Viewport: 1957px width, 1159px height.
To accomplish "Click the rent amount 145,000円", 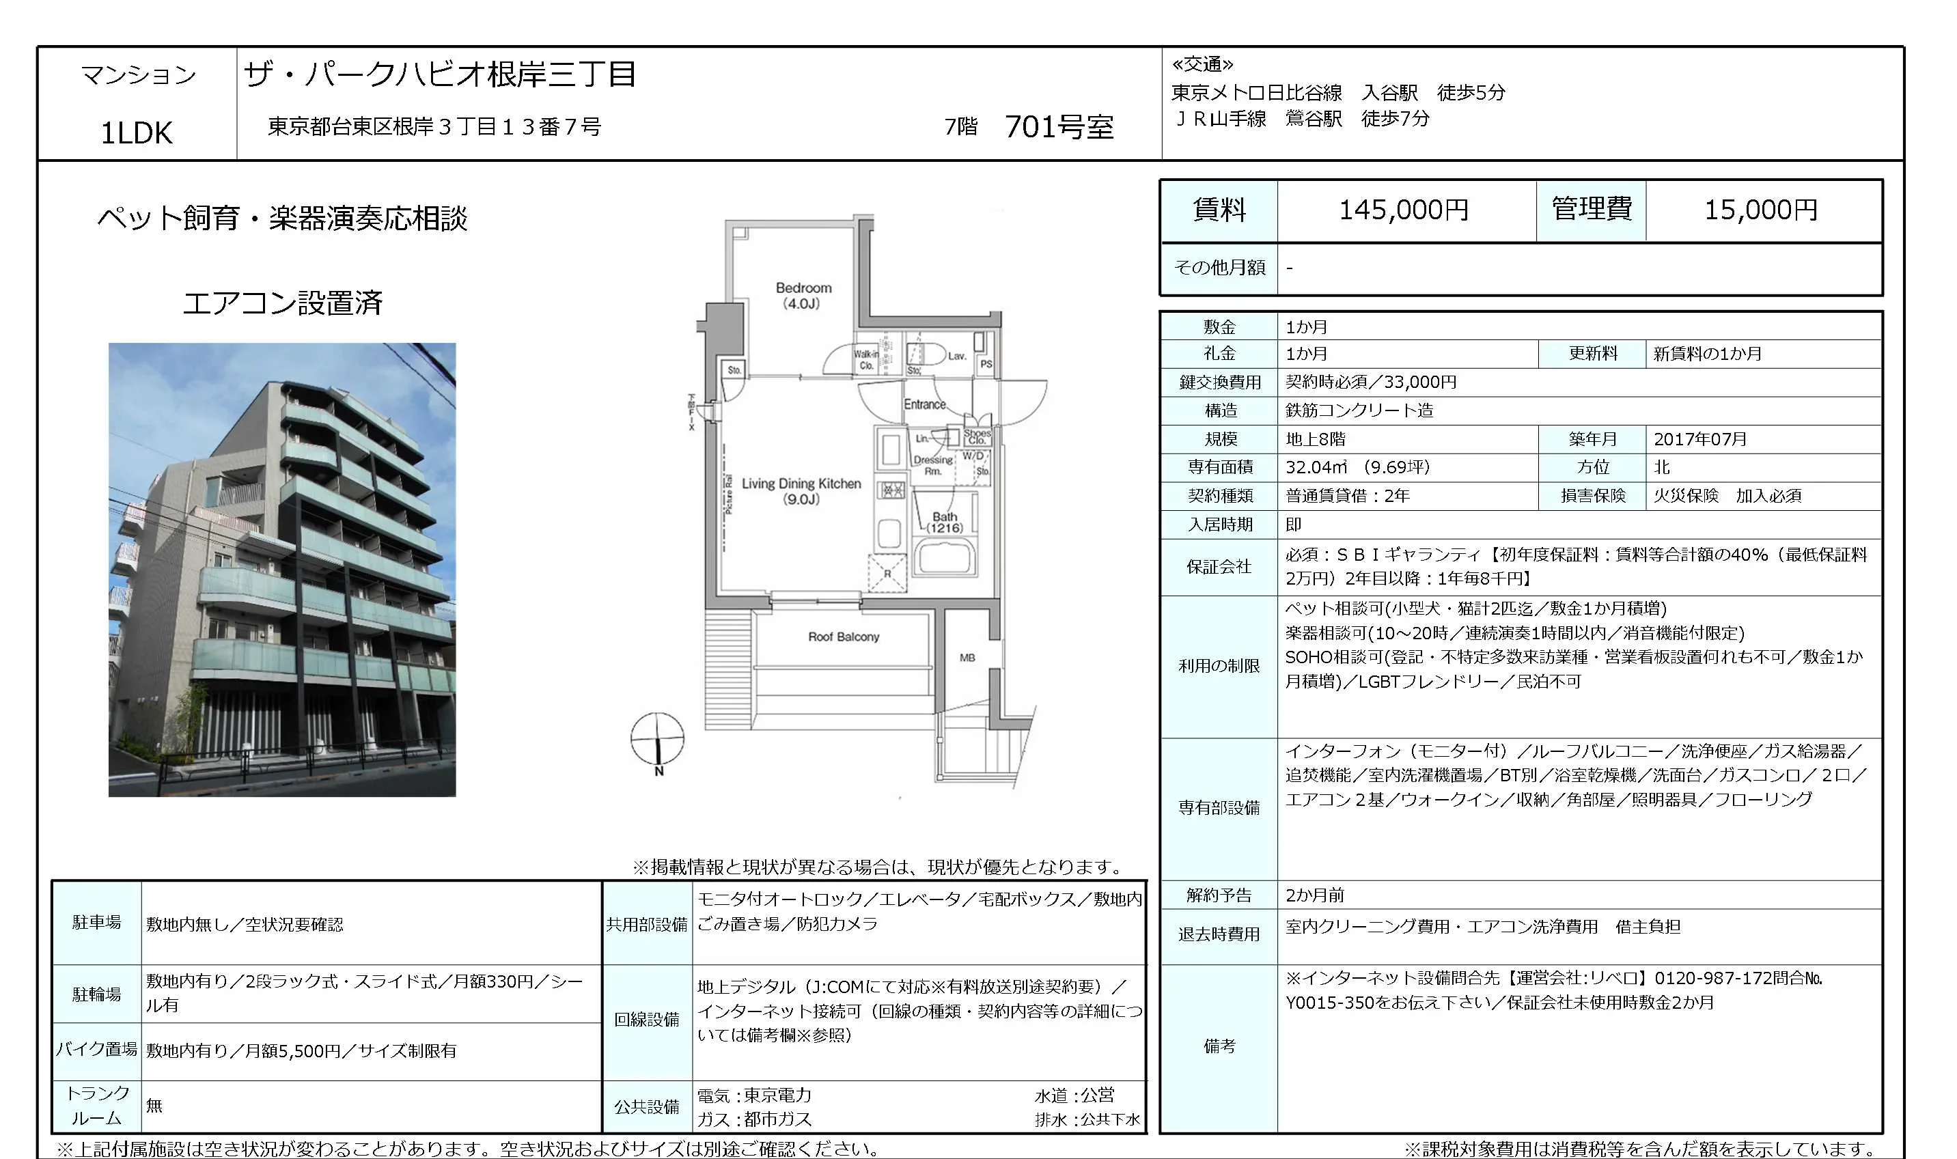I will point(1403,210).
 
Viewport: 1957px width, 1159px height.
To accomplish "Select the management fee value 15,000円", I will point(1760,210).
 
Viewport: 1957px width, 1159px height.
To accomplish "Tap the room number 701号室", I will point(1058,126).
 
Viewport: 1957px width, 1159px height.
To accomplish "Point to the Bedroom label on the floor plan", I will point(803,295).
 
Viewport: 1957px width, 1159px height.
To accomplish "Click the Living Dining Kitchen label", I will point(801,490).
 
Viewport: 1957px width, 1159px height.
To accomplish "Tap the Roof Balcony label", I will point(844,637).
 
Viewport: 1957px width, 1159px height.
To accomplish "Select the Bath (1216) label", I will point(944,522).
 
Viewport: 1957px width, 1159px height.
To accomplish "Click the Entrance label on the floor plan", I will point(925,404).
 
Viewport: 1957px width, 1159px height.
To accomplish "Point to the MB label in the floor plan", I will point(967,658).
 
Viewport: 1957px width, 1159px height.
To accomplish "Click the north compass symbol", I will point(658,739).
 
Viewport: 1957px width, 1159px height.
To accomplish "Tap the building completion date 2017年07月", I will point(1700,439).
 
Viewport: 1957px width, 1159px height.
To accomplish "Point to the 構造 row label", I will point(1219,410).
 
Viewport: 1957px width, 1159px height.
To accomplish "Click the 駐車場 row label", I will point(97,923).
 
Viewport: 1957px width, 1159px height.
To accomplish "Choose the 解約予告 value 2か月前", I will point(1315,895).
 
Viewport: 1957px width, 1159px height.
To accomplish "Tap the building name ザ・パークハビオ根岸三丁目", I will point(441,74).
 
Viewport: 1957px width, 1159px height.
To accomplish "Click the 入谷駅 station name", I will point(1389,93).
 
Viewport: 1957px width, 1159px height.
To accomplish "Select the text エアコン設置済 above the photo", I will point(282,303).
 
